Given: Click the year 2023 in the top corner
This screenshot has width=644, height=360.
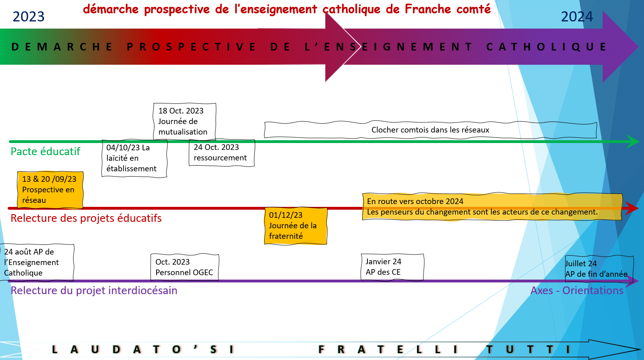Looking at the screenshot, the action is tap(28, 17).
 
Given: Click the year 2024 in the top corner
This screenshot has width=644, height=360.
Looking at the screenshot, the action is tap(577, 17).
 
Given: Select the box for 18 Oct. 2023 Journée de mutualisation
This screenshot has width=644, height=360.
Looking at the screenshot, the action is tap(185, 122).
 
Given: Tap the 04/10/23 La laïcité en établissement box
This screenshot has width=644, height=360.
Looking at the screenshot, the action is tap(134, 158).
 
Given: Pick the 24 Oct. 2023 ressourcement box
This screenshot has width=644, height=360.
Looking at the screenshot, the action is tap(222, 153).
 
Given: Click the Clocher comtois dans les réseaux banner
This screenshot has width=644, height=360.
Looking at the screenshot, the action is tap(430, 130).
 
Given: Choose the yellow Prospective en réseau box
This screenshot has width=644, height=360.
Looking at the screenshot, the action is tap(50, 189).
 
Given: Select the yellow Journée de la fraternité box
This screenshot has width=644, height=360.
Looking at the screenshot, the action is tap(296, 226).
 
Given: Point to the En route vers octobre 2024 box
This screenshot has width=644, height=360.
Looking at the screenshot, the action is tap(492, 206).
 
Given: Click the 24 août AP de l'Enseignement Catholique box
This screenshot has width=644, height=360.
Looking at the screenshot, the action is tap(37, 263).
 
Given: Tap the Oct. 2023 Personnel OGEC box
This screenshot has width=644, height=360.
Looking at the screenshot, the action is tap(185, 267).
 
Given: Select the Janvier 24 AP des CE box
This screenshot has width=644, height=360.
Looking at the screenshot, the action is tap(392, 267).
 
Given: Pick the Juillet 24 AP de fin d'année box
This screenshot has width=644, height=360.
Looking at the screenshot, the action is tap(599, 269).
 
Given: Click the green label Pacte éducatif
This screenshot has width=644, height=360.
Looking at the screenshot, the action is tap(45, 152).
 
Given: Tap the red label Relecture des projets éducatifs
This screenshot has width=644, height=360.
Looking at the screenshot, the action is tap(86, 218).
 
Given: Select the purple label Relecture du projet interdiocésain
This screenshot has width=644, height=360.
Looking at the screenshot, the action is tap(94, 291).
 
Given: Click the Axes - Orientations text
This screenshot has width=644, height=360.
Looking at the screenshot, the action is tap(577, 291).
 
